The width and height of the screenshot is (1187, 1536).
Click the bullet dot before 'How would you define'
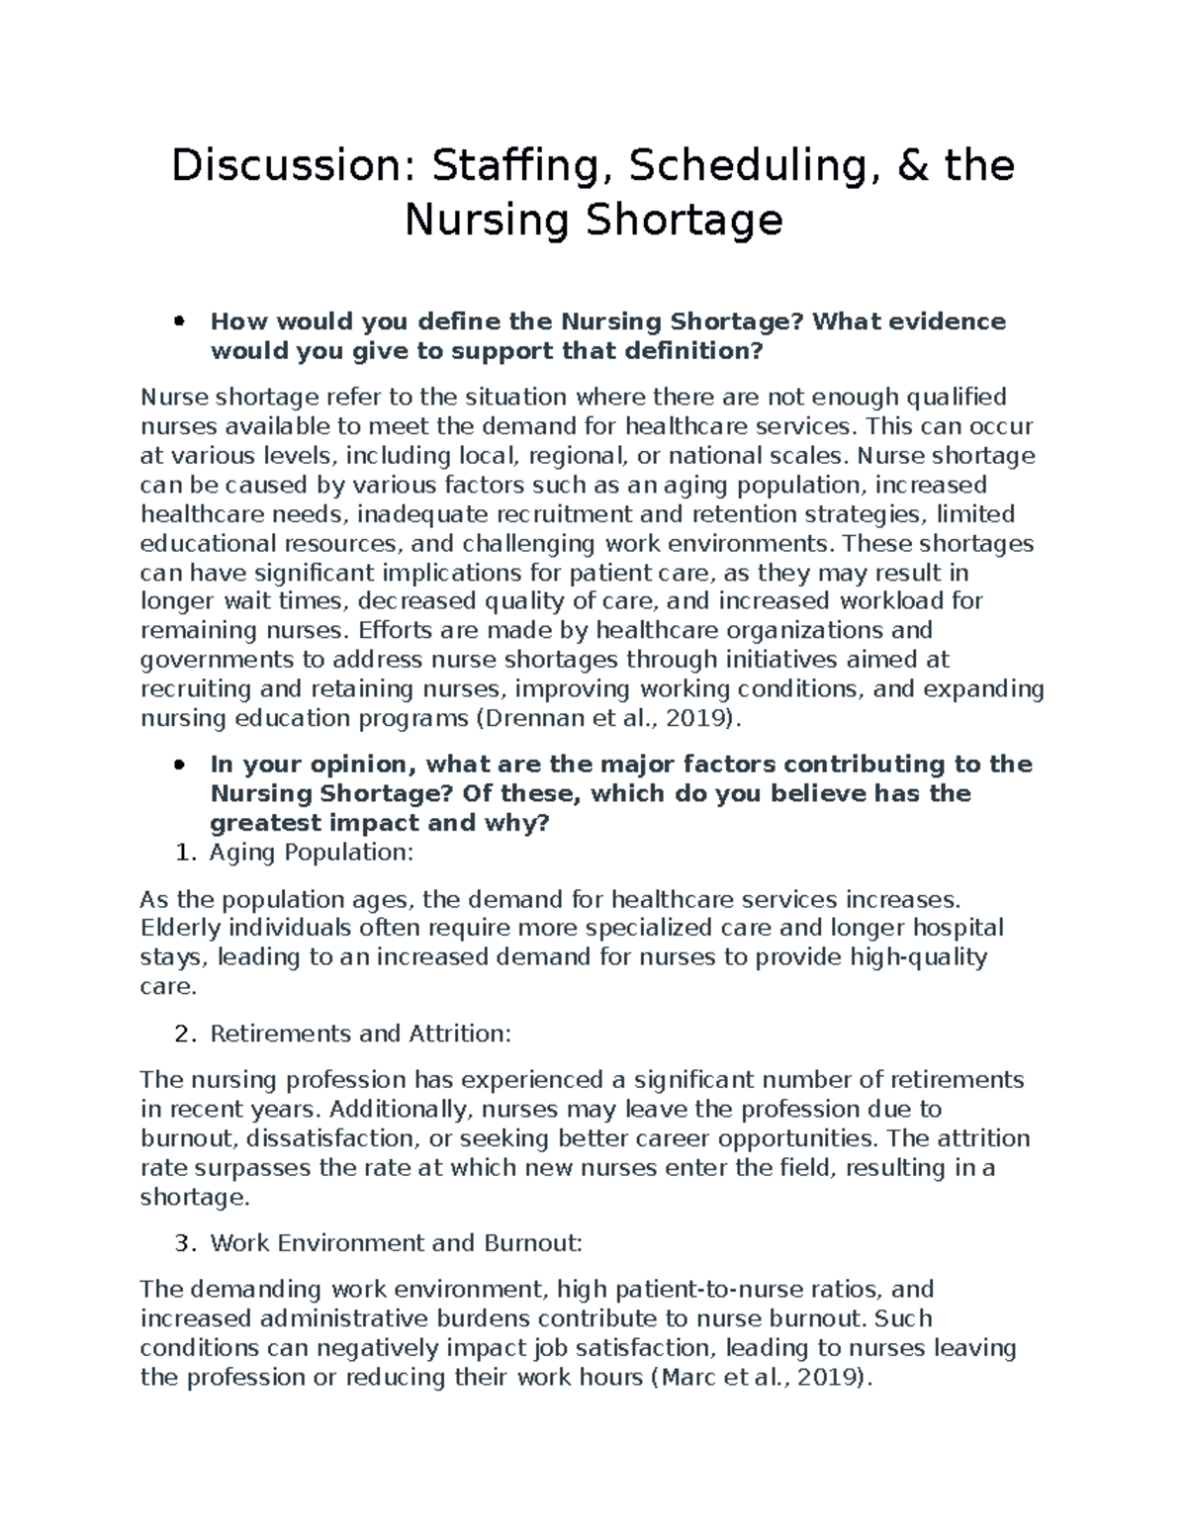point(179,321)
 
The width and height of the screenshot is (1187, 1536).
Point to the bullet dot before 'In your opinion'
point(179,765)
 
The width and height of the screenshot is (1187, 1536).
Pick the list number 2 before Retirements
point(181,1034)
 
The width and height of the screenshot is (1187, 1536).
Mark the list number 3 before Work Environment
point(181,1243)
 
